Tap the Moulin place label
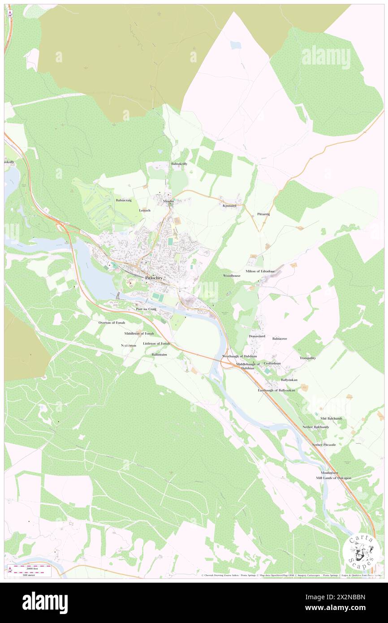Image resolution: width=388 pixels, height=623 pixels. point(168,202)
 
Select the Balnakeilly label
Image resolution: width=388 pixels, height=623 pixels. point(179,164)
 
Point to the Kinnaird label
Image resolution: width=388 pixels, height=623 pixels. point(229,206)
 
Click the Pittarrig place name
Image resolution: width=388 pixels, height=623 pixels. point(263,214)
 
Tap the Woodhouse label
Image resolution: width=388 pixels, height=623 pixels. point(232,276)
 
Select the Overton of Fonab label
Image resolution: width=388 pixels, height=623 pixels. point(112,323)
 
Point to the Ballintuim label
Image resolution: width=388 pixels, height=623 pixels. point(159,354)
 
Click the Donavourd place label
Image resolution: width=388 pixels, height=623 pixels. point(257,336)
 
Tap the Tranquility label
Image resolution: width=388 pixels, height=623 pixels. point(308,358)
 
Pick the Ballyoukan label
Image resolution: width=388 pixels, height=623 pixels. point(289,380)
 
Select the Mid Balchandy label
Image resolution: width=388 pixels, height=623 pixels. point(332,419)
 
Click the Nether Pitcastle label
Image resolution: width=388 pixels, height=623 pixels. point(324,445)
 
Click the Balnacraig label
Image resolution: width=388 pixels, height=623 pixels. point(124,200)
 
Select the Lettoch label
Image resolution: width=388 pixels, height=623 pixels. point(145,210)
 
